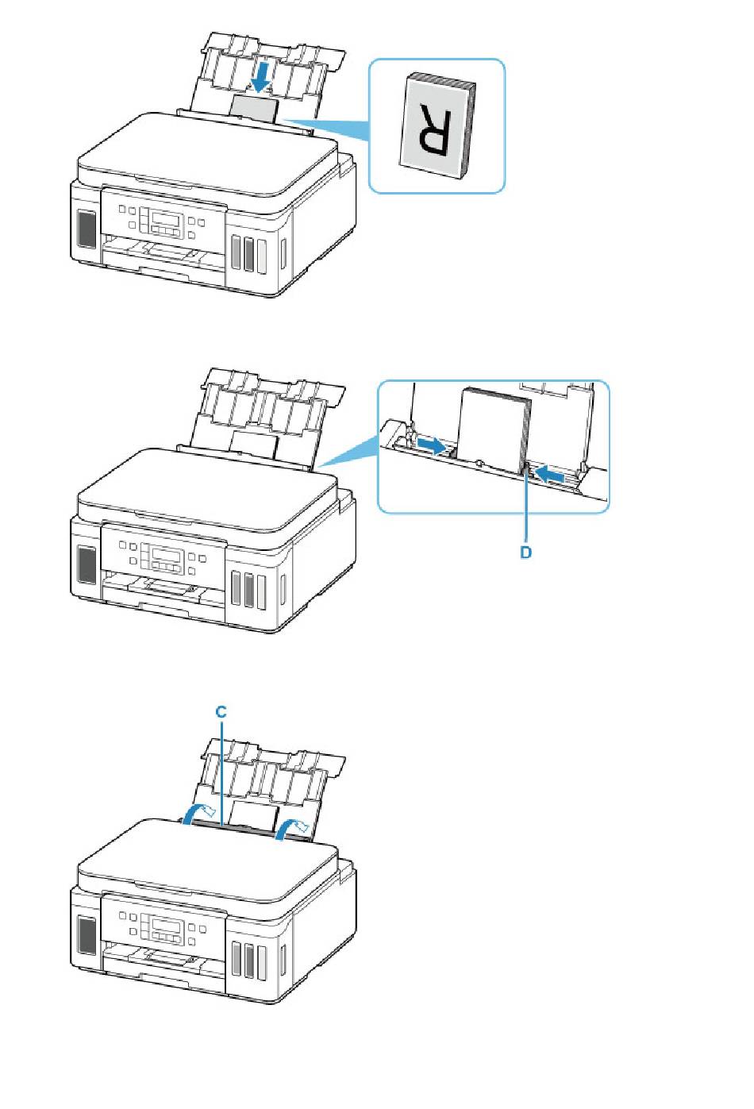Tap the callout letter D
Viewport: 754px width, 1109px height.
point(525,552)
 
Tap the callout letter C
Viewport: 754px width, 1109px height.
point(221,713)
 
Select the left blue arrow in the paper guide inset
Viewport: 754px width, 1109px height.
point(432,445)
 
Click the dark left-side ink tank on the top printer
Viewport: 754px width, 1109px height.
point(87,229)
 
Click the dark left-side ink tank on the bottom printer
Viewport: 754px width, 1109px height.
point(87,937)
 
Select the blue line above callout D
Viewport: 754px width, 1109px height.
point(526,508)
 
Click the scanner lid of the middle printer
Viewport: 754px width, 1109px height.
point(206,484)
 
